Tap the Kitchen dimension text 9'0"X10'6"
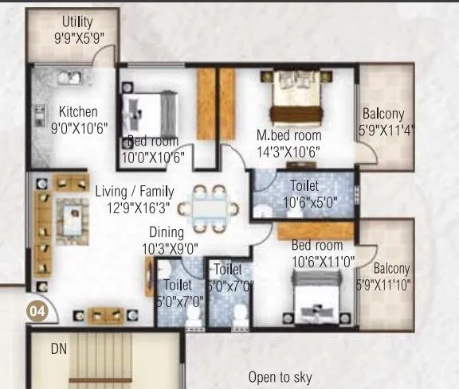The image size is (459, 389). coord(78,126)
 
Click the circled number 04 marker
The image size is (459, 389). coord(37,311)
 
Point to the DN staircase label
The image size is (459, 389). coord(59,348)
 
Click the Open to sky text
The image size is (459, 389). coord(280,377)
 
